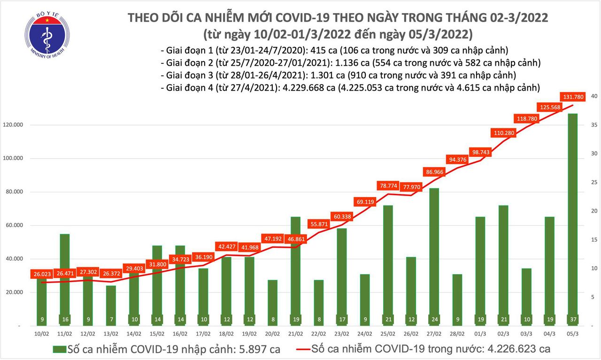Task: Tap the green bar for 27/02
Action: point(434,253)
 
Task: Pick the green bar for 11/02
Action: point(64,277)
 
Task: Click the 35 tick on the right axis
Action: point(593,125)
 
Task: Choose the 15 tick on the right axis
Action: point(593,240)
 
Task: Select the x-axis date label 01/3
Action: point(480,334)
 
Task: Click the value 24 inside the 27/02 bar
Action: point(434,320)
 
